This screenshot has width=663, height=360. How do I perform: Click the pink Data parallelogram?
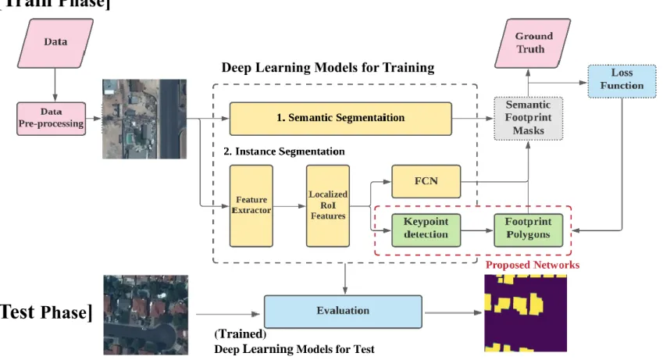pyautogui.click(x=55, y=43)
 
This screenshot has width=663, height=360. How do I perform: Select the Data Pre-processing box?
pyautogui.click(x=52, y=119)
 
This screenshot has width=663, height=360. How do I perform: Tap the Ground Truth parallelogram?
pyautogui.click(x=533, y=43)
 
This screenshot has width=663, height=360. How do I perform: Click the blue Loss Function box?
pyautogui.click(x=622, y=81)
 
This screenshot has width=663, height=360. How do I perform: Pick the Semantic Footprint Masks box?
pyautogui.click(x=529, y=118)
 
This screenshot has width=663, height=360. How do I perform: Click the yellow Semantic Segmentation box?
pyautogui.click(x=340, y=119)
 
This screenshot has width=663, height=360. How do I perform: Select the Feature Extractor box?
pyautogui.click(x=251, y=205)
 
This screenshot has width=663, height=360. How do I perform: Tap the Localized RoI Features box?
pyautogui.click(x=328, y=205)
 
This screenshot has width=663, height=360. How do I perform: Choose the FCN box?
pyautogui.click(x=426, y=181)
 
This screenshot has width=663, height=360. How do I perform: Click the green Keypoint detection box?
pyautogui.click(x=426, y=230)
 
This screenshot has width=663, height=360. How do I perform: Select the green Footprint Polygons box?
pyautogui.click(x=529, y=230)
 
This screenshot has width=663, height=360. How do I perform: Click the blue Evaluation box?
pyautogui.click(x=343, y=312)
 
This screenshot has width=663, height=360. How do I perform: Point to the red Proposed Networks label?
pyautogui.click(x=533, y=266)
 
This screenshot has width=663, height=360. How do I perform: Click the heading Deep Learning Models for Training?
pyautogui.click(x=328, y=68)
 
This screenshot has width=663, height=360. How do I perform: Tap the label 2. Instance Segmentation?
pyautogui.click(x=284, y=151)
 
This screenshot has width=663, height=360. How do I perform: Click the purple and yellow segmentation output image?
pyautogui.click(x=526, y=313)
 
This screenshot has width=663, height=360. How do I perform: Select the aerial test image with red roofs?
pyautogui.click(x=146, y=315)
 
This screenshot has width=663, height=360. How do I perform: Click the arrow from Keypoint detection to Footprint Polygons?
pyautogui.click(x=477, y=230)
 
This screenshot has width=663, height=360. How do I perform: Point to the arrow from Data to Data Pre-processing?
pyautogui.click(x=55, y=85)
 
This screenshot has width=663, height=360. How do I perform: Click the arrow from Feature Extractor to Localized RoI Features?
pyautogui.click(x=290, y=206)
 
